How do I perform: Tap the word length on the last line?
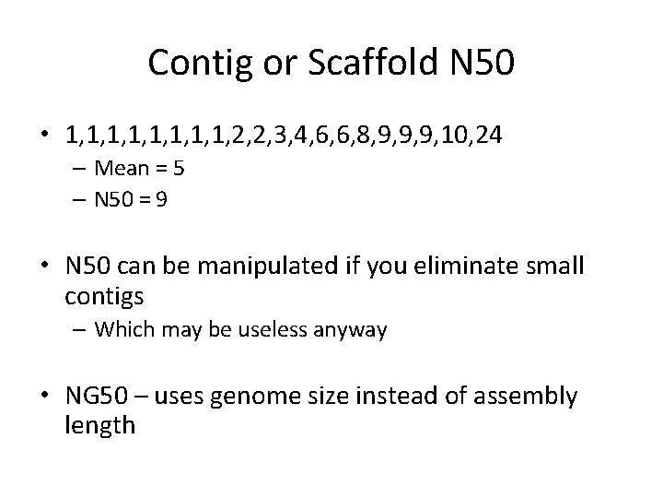point(100,425)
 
